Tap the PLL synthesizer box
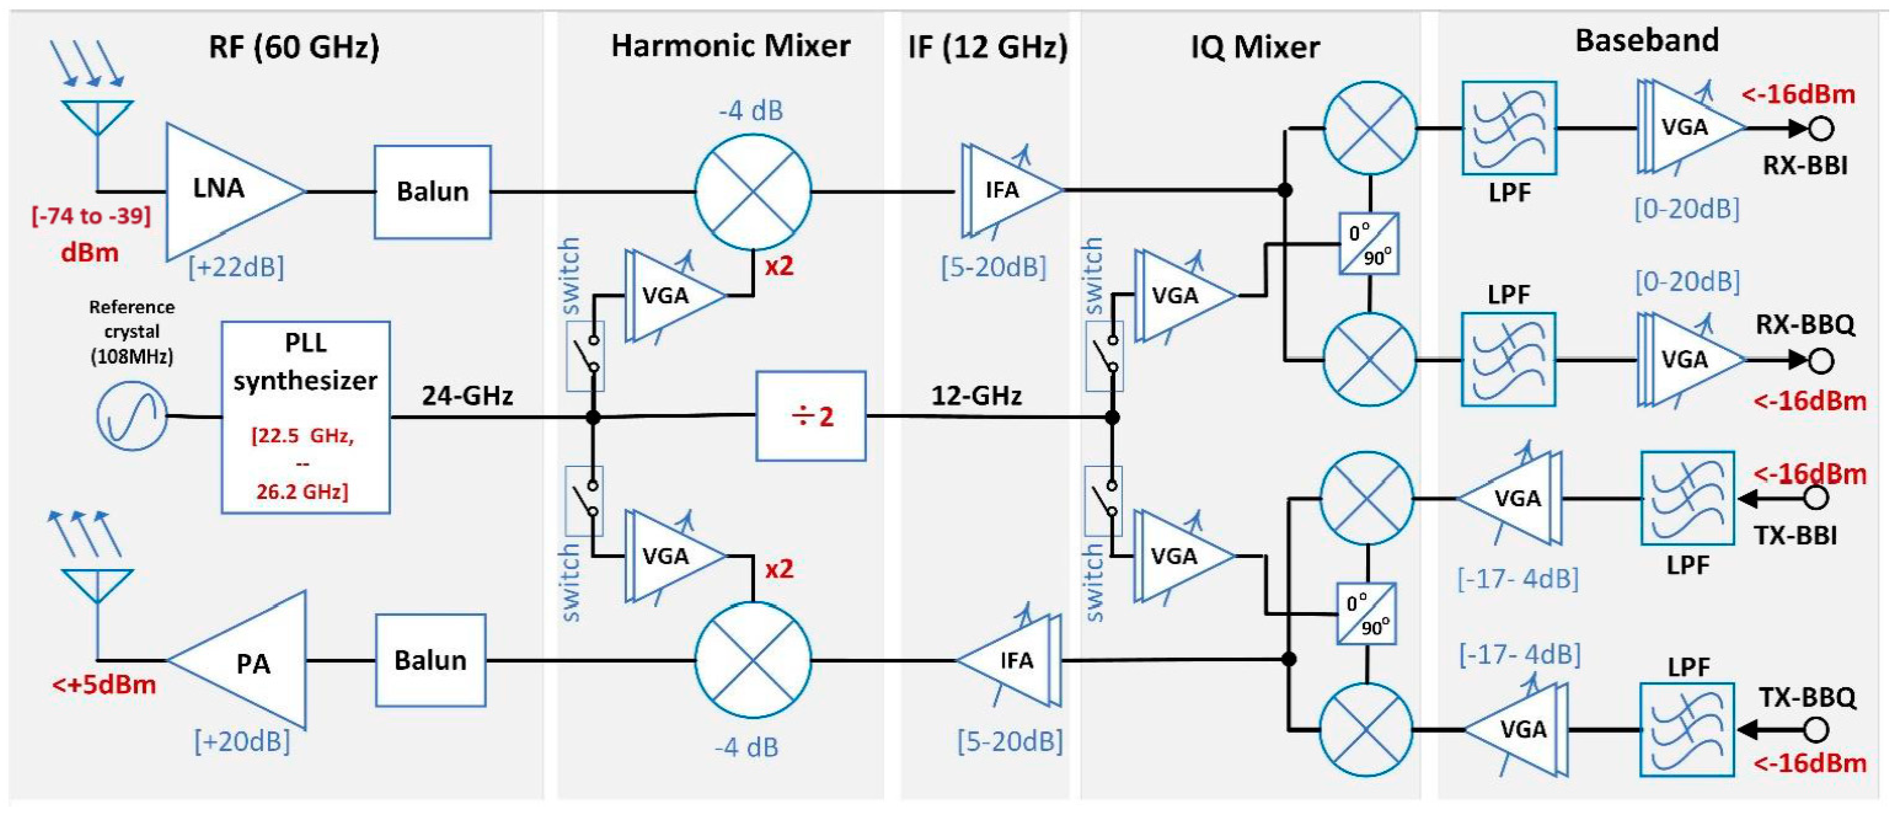pos(306,417)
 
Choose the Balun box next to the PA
pos(431,660)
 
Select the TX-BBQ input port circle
pos(1817,730)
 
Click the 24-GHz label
pos(467,396)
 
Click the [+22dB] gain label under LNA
pos(236,267)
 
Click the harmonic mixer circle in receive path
pos(753,191)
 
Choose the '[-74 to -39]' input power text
pos(90,216)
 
